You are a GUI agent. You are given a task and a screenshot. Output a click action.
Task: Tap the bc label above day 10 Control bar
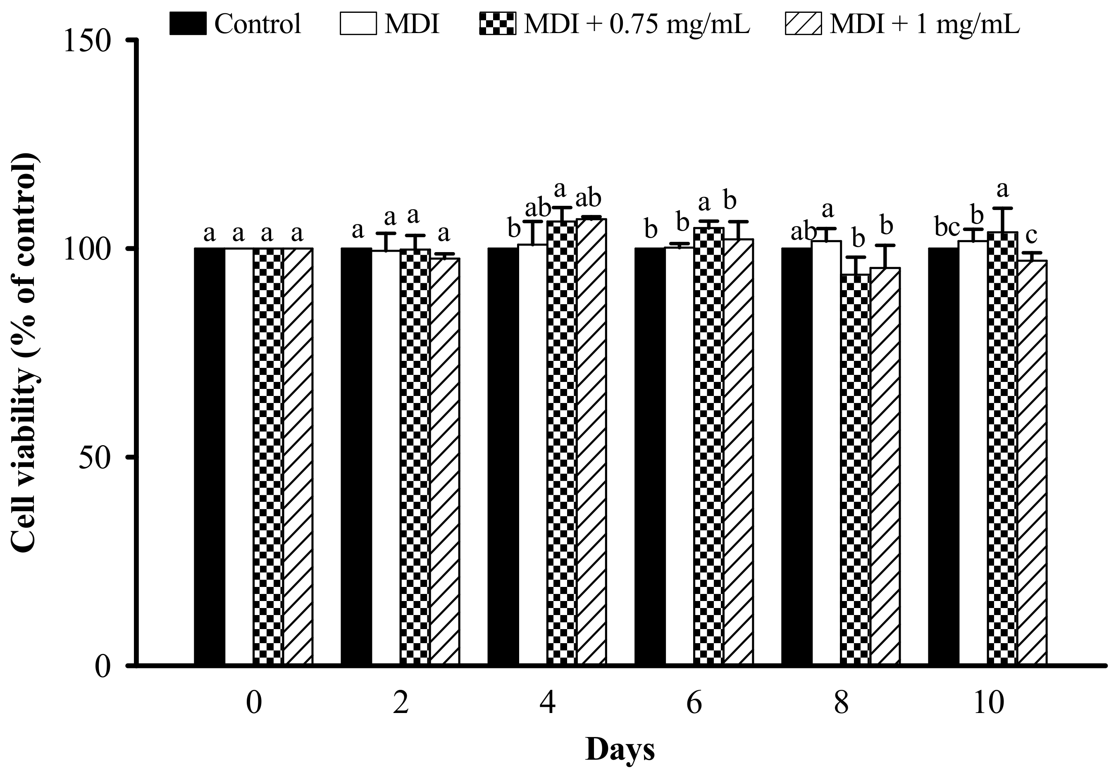pyautogui.click(x=947, y=228)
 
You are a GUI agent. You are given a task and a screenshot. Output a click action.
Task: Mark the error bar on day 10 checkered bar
pyautogui.click(x=1002, y=220)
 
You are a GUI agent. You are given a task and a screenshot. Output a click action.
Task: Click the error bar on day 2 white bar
pyautogui.click(x=386, y=242)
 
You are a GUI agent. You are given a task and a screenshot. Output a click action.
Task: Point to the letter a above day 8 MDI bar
pyautogui.click(x=827, y=210)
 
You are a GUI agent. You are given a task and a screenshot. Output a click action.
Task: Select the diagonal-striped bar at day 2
pyautogui.click(x=445, y=461)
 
